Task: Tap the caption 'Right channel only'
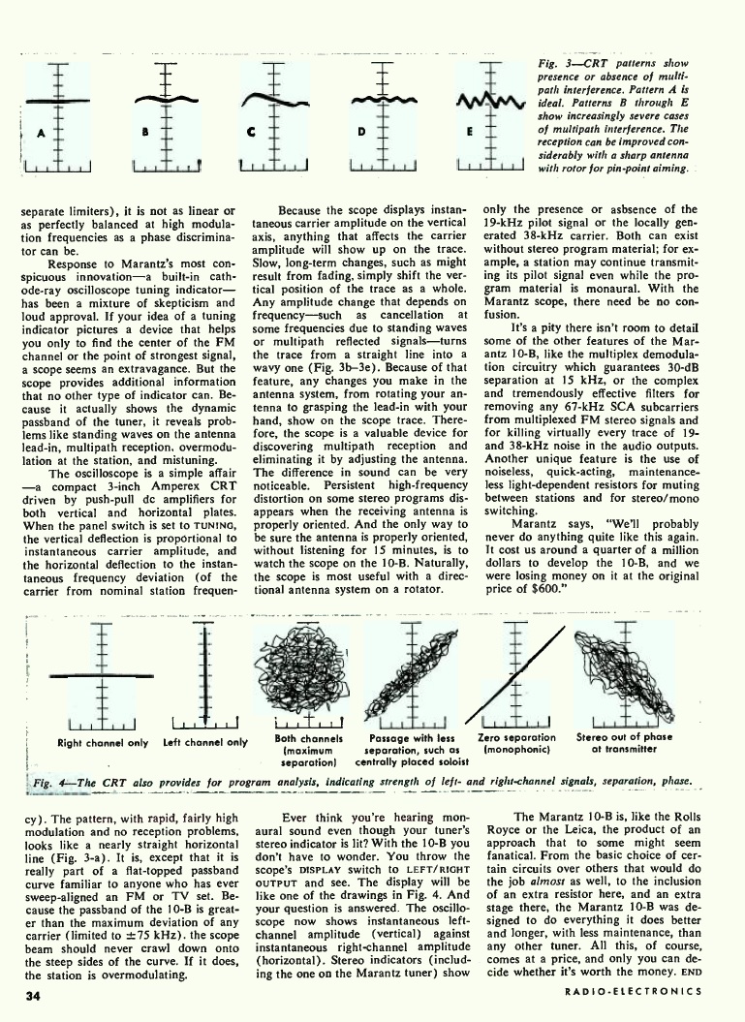(x=103, y=743)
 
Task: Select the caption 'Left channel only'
(x=206, y=743)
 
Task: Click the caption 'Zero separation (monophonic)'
(x=517, y=743)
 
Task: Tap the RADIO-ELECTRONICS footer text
(x=635, y=992)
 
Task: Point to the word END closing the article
(x=689, y=976)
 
